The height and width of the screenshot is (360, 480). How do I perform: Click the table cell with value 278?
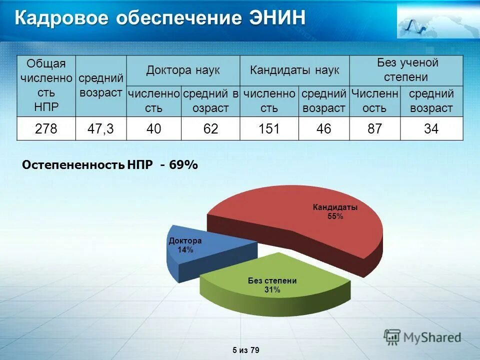point(46,129)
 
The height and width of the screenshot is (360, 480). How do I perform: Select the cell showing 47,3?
point(101,129)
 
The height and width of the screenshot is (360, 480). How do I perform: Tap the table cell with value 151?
point(269,129)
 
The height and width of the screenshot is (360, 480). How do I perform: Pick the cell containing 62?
point(210,129)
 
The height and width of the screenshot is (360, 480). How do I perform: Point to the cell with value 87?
point(374,129)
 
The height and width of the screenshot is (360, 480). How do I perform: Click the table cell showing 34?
point(431,129)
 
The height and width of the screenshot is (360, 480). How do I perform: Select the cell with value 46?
point(323,129)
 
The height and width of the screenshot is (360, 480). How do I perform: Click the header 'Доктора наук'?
point(183,70)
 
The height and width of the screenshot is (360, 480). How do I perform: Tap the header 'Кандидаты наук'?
point(294,70)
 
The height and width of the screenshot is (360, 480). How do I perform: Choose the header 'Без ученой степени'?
point(406,70)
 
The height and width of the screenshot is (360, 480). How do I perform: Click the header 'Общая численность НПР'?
point(46,85)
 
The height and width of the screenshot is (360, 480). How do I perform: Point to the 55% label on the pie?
point(335,216)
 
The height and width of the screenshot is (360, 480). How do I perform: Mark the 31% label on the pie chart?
point(272,290)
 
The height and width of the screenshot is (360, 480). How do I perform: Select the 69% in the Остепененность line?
point(184,165)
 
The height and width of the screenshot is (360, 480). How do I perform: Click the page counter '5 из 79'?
point(246,350)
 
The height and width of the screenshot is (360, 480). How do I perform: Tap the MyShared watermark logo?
point(422,337)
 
